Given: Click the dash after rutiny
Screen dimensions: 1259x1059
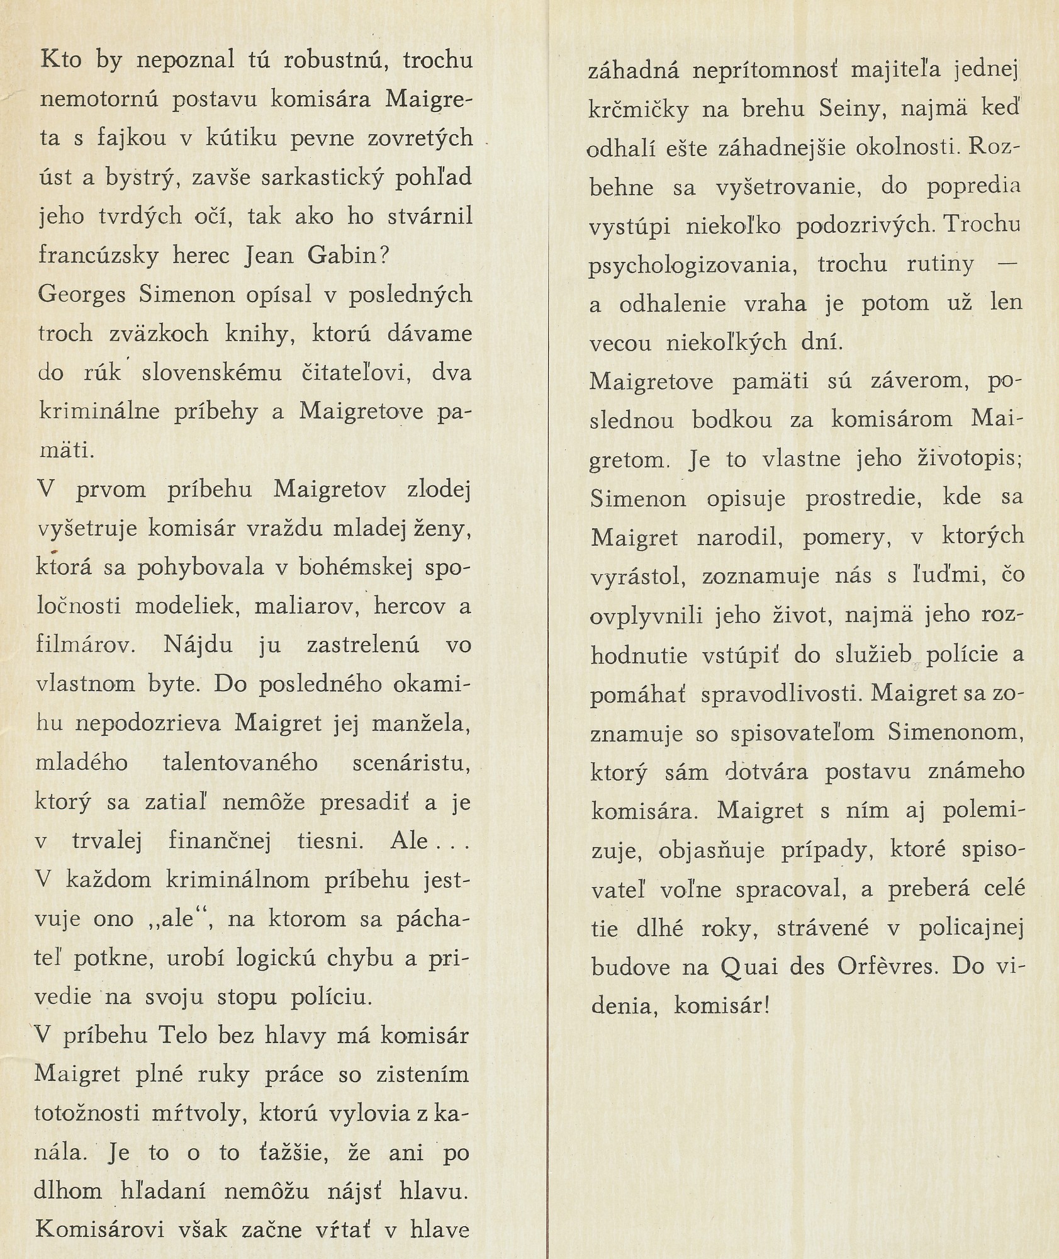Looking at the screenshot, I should point(1007,264).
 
